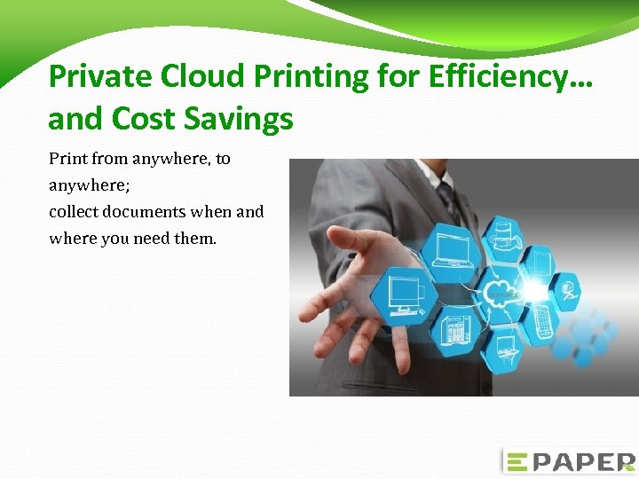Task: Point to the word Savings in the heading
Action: (238, 118)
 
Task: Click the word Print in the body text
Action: (67, 159)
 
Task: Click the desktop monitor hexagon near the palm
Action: (403, 292)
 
